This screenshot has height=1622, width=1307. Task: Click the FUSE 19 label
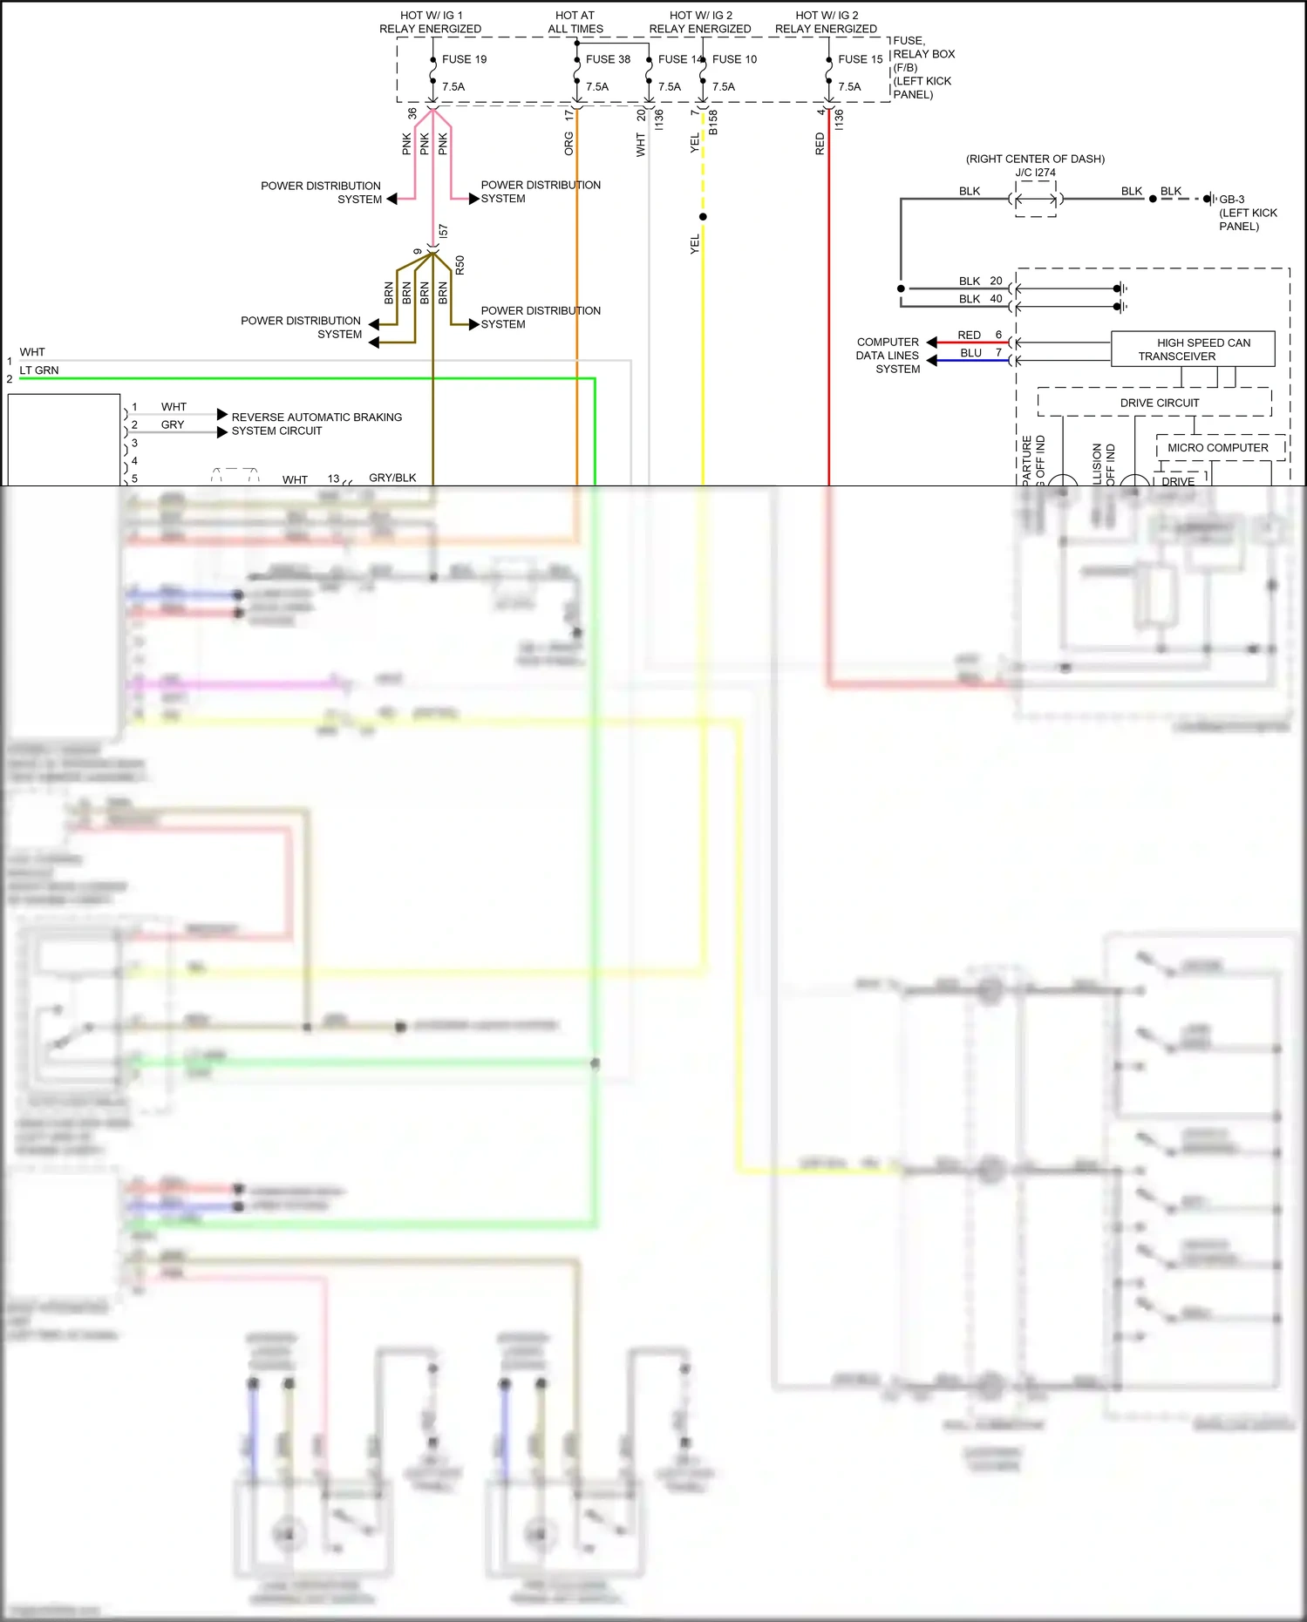pyautogui.click(x=464, y=59)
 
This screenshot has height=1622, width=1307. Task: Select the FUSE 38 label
pyautogui.click(x=608, y=59)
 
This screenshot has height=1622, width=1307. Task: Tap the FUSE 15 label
pyautogui.click(x=860, y=59)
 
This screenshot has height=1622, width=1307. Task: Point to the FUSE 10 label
pyautogui.click(x=734, y=59)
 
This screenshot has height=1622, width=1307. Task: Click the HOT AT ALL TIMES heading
pyautogui.click(x=575, y=22)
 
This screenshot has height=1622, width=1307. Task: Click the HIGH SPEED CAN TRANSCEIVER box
pyautogui.click(x=1193, y=349)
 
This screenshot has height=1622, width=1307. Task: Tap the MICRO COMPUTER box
pyautogui.click(x=1217, y=448)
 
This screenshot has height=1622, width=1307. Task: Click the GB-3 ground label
pyautogui.click(x=1231, y=200)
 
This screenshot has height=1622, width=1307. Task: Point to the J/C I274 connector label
pyautogui.click(x=1035, y=173)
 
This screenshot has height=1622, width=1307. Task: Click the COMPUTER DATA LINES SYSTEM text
pyautogui.click(x=887, y=356)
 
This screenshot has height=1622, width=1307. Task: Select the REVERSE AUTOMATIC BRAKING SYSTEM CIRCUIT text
pyautogui.click(x=316, y=424)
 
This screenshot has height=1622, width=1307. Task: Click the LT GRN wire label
pyautogui.click(x=39, y=370)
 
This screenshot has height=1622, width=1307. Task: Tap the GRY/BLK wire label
pyautogui.click(x=392, y=478)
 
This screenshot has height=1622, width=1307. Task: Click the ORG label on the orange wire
pyautogui.click(x=568, y=144)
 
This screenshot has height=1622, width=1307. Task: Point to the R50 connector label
pyautogui.click(x=459, y=265)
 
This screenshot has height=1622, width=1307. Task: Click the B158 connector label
pyautogui.click(x=713, y=122)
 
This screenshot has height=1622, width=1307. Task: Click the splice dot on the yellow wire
pyautogui.click(x=703, y=217)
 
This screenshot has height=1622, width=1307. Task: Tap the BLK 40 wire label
pyautogui.click(x=980, y=299)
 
